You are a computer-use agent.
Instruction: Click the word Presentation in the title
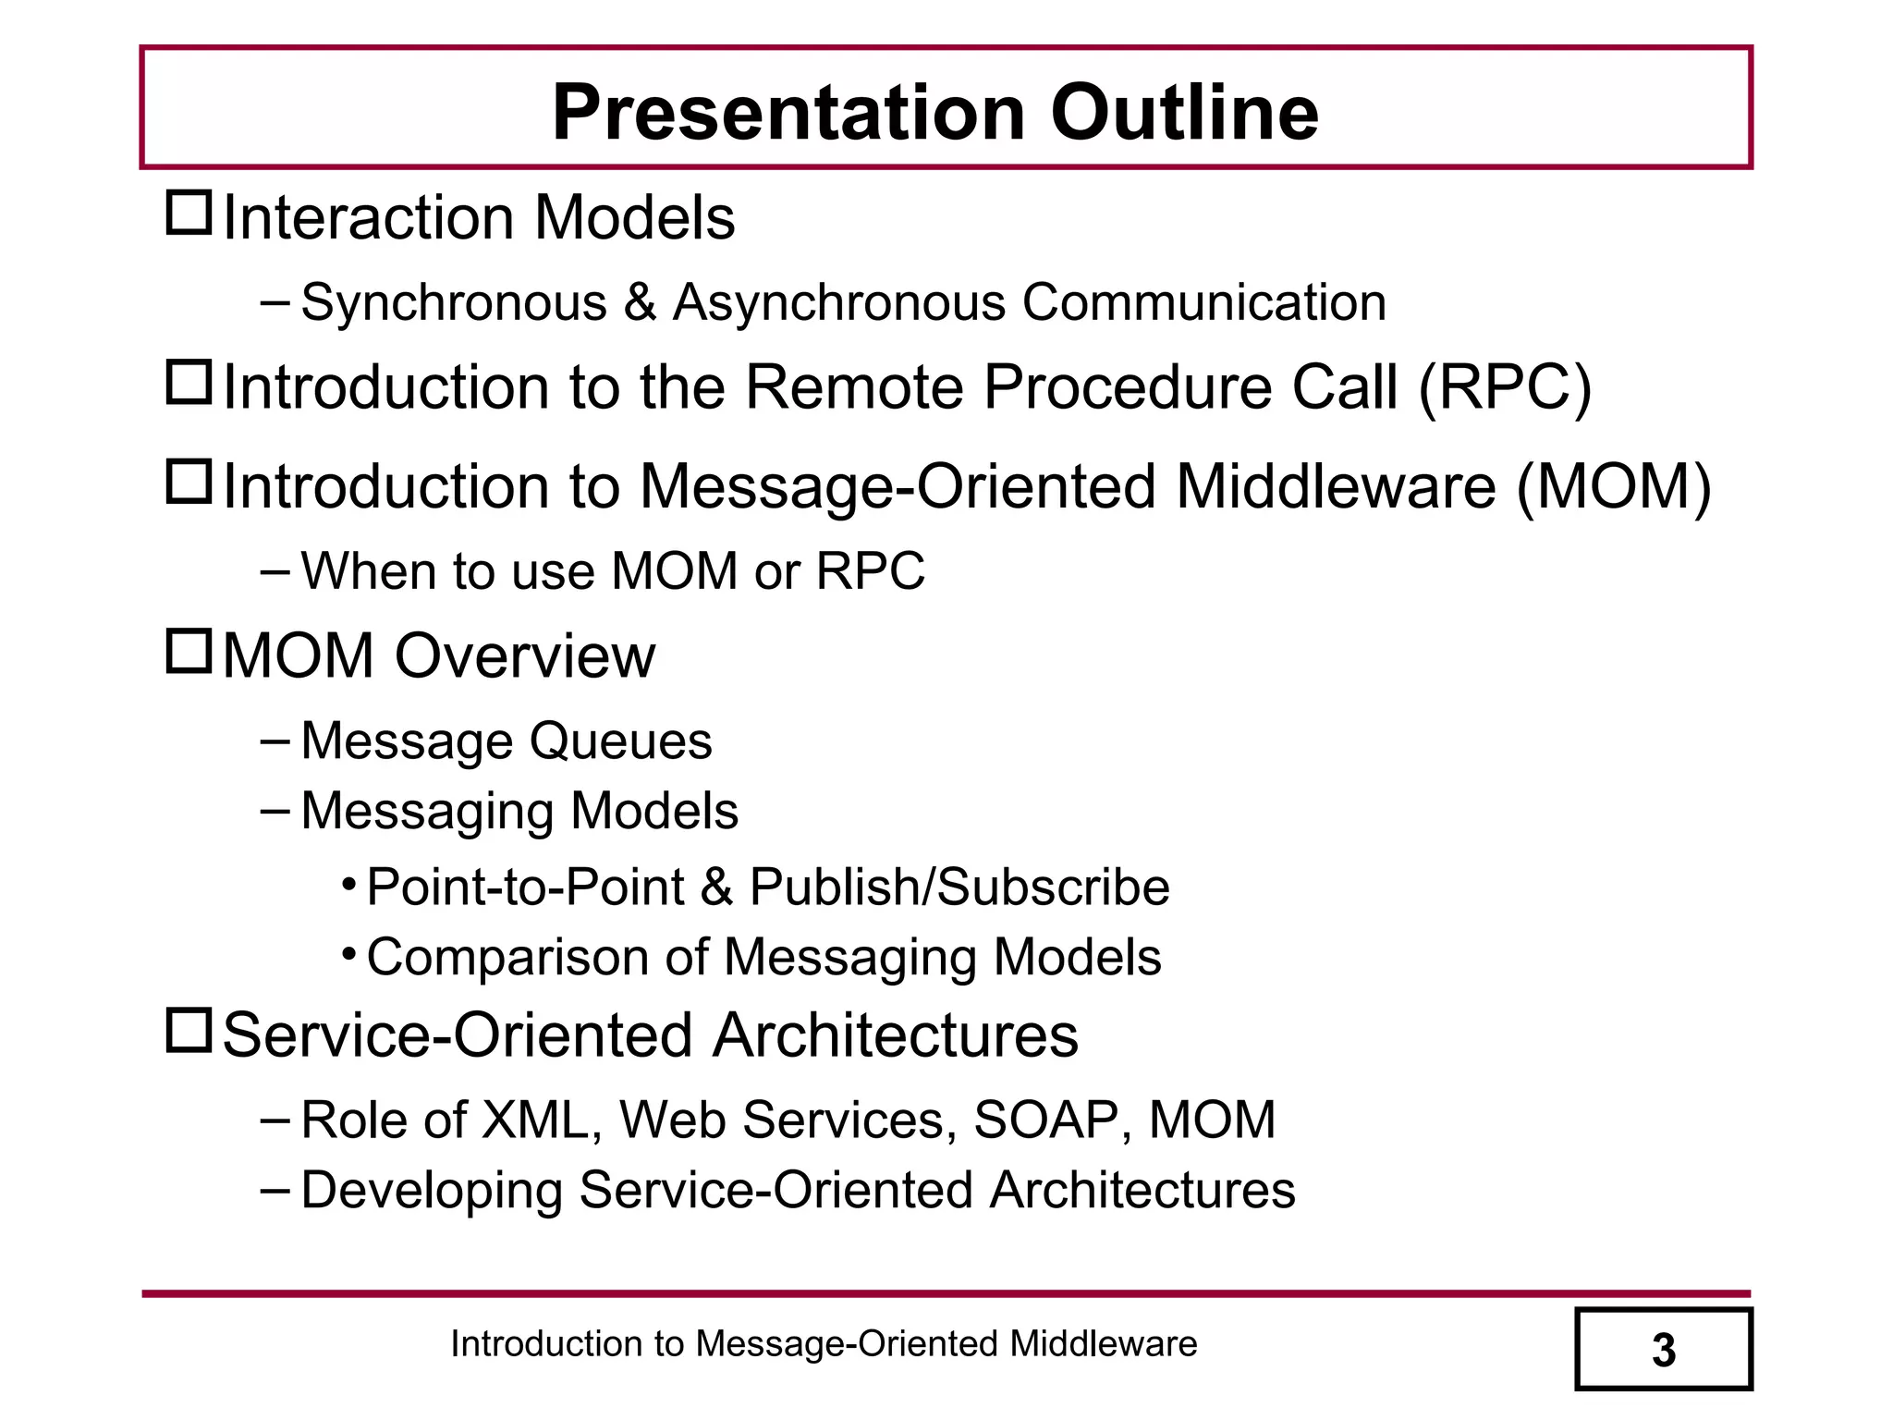point(788,113)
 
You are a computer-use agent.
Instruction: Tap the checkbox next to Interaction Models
point(189,213)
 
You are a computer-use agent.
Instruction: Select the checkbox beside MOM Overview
point(189,651)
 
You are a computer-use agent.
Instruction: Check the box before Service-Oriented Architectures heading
point(189,1030)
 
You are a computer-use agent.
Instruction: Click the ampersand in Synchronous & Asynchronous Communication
point(640,303)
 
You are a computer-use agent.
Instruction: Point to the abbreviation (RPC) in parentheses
point(1504,386)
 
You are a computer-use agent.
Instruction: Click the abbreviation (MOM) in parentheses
point(1614,487)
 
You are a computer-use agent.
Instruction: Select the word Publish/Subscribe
point(959,887)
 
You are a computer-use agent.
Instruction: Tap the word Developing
point(432,1191)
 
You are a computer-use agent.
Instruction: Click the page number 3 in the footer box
point(1663,1351)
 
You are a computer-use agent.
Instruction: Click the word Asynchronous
point(838,303)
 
